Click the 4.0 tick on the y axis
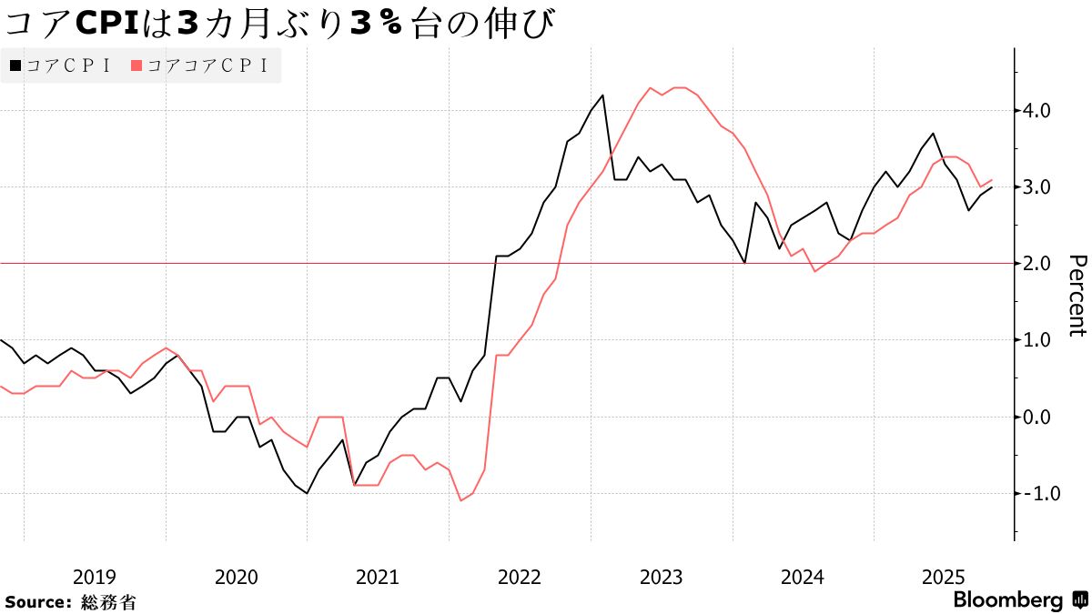click(x=1037, y=111)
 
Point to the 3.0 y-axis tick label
click(x=1037, y=187)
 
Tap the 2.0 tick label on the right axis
click(x=1037, y=264)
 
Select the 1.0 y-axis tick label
click(x=1037, y=340)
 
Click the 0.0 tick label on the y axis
click(x=1037, y=417)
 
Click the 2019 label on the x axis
click(x=94, y=577)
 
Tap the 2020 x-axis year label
click(x=236, y=577)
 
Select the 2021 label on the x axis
click(x=378, y=577)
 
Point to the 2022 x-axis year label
click(x=520, y=577)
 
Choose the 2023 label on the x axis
click(x=662, y=577)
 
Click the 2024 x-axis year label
click(x=803, y=577)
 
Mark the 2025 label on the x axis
click(x=945, y=577)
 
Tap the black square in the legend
click(x=15, y=65)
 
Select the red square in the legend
click(x=136, y=65)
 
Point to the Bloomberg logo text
click(x=1008, y=600)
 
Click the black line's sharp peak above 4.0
click(x=603, y=95)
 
